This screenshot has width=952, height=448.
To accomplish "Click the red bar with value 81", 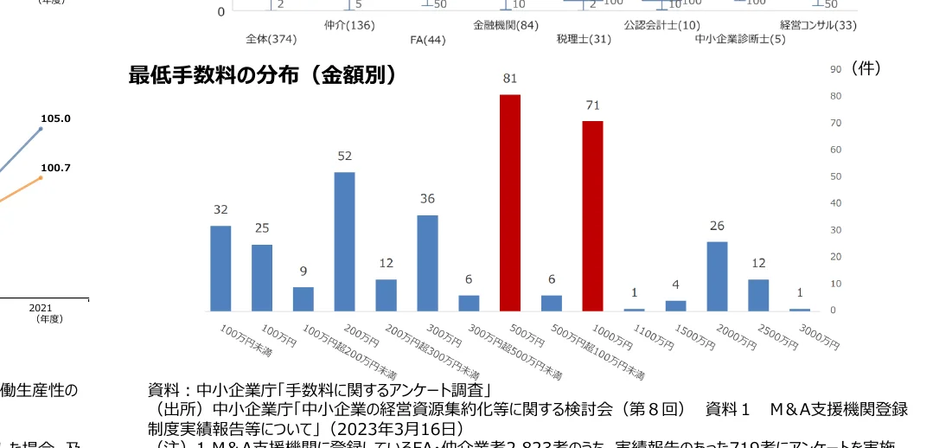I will click(x=510, y=202).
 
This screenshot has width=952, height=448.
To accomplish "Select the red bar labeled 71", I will click(x=592, y=215).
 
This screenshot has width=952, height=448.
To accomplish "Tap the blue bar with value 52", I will click(x=344, y=241).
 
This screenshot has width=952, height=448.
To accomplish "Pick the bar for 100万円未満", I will click(x=220, y=268).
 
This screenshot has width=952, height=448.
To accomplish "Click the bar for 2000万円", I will click(x=717, y=276).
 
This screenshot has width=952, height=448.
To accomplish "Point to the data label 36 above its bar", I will click(x=427, y=199).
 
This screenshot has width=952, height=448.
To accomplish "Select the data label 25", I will click(x=262, y=228).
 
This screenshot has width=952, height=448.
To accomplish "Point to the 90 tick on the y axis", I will click(x=836, y=70).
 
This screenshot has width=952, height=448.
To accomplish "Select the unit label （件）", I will click(x=866, y=68).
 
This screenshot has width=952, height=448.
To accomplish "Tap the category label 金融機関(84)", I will click(x=506, y=25).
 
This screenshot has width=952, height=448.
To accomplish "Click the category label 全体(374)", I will click(x=271, y=39).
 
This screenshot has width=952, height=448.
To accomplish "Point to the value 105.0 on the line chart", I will click(x=55, y=118).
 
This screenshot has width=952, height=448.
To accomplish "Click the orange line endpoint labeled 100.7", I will click(x=41, y=177).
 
